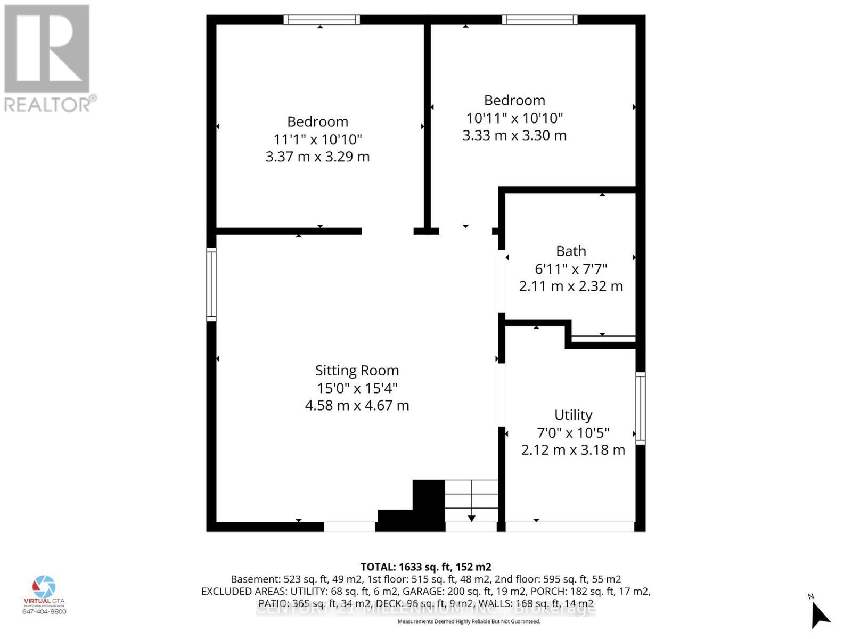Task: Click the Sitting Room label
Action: click(x=357, y=371)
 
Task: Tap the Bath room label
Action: click(x=571, y=251)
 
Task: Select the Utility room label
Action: click(x=573, y=415)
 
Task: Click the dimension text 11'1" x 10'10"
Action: click(x=318, y=140)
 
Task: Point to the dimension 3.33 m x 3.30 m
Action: click(x=514, y=135)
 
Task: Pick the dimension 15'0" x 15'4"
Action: click(x=357, y=388)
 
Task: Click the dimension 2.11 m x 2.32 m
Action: click(x=571, y=286)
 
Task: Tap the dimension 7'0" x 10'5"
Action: click(x=573, y=432)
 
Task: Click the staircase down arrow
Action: click(x=472, y=518)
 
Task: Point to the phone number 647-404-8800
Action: click(x=44, y=611)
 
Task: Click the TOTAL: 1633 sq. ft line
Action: click(x=425, y=567)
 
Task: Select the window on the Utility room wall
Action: click(x=641, y=408)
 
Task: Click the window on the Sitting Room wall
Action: click(x=211, y=284)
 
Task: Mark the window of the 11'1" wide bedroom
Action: click(x=321, y=20)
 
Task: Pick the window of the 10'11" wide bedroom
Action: click(x=539, y=20)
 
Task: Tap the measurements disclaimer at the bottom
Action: click(x=469, y=621)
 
